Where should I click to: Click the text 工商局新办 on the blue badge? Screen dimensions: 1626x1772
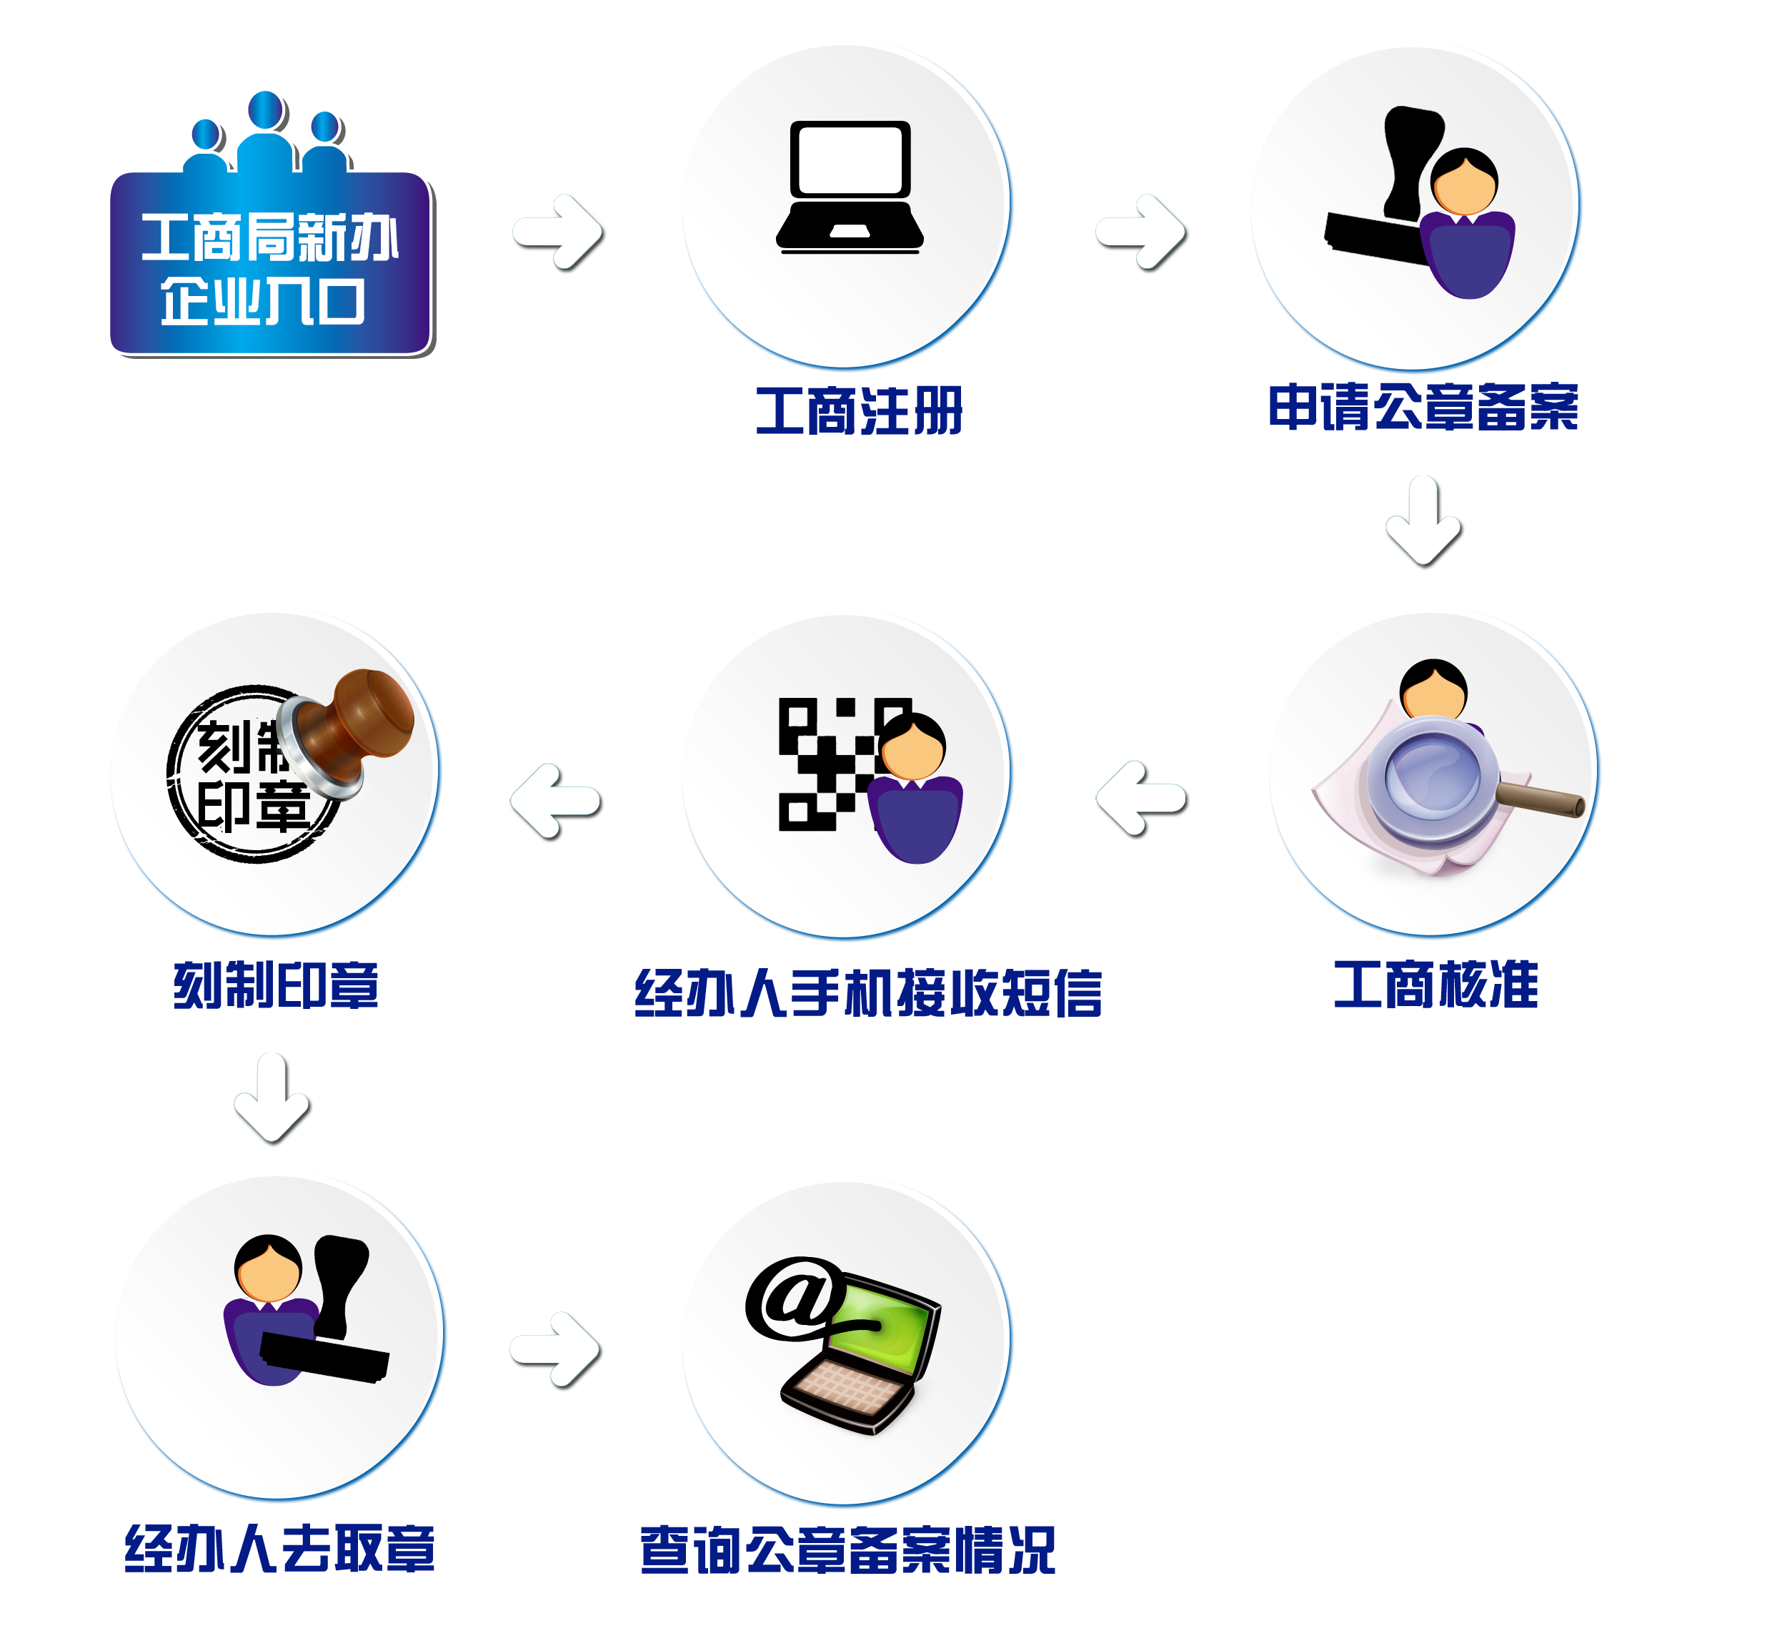(x=270, y=237)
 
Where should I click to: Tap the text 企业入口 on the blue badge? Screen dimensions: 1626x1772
(x=262, y=302)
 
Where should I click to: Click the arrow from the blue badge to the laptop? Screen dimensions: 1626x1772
(x=559, y=233)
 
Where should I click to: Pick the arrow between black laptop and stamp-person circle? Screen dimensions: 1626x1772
(x=1142, y=233)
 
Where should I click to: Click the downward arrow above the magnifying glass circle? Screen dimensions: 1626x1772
(x=1425, y=523)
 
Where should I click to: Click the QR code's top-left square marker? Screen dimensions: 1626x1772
(x=797, y=717)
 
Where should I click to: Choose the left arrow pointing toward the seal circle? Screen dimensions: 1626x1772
(x=556, y=802)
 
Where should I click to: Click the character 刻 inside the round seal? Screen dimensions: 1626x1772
(x=224, y=748)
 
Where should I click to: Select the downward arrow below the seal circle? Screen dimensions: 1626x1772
(x=274, y=1099)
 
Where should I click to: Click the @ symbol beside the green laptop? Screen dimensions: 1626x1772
(x=792, y=1298)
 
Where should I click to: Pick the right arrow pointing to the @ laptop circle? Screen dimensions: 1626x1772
(x=556, y=1351)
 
